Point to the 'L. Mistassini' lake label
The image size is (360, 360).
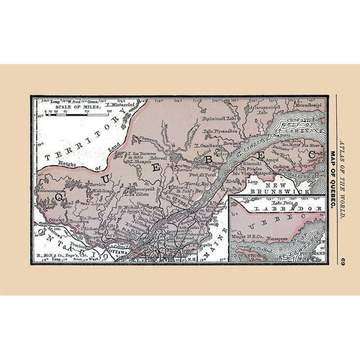(x=119, y=106)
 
